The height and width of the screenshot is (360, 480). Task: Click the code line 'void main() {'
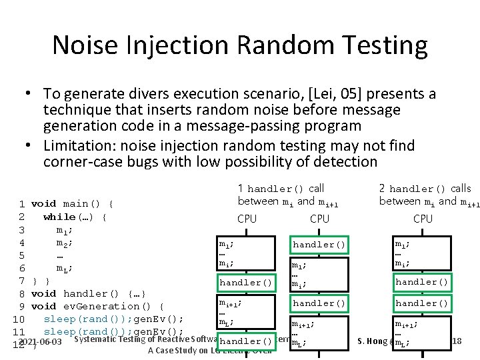click(x=73, y=203)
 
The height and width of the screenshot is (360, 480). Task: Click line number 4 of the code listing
click(x=22, y=243)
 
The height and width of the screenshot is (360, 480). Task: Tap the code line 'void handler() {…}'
click(x=89, y=293)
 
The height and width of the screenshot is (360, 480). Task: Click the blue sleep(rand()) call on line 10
click(x=87, y=319)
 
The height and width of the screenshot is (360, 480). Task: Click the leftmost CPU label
click(x=247, y=219)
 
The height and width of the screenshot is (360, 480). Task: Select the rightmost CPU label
click(x=423, y=219)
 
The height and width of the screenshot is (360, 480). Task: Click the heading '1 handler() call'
click(x=281, y=189)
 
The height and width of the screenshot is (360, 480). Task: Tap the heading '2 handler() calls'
click(x=424, y=189)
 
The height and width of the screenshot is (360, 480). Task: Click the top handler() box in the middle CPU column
click(x=319, y=245)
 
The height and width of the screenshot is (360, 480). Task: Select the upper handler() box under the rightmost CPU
click(x=422, y=282)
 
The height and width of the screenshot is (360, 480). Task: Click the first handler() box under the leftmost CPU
click(x=247, y=283)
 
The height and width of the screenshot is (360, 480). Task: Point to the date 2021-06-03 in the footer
click(x=41, y=342)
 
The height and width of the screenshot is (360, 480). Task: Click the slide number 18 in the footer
click(x=456, y=341)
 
